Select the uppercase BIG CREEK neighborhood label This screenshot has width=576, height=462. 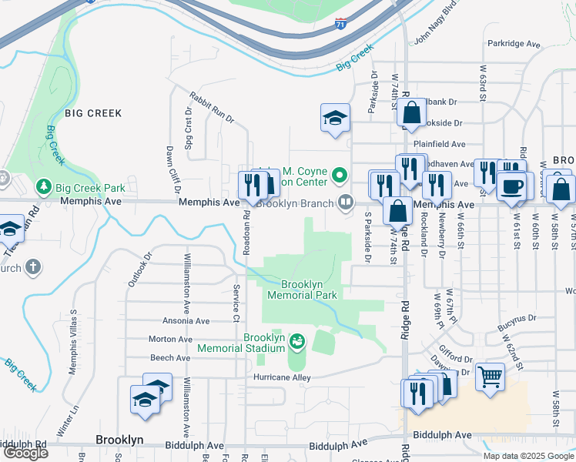tap(93, 113)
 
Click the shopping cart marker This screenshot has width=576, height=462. tap(490, 377)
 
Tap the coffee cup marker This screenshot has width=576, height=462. tap(513, 186)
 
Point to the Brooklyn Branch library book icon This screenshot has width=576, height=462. tap(347, 203)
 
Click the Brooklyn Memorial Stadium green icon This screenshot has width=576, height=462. tap(296, 340)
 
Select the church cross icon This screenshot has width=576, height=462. tap(33, 267)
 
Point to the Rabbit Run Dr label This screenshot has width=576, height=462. tap(211, 106)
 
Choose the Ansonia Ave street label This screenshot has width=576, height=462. tap(186, 320)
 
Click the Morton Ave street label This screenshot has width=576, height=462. tap(170, 339)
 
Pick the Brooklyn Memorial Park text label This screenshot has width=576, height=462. tap(302, 289)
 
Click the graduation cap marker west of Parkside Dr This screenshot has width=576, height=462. tap(335, 118)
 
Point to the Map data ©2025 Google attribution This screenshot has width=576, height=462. tap(527, 456)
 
